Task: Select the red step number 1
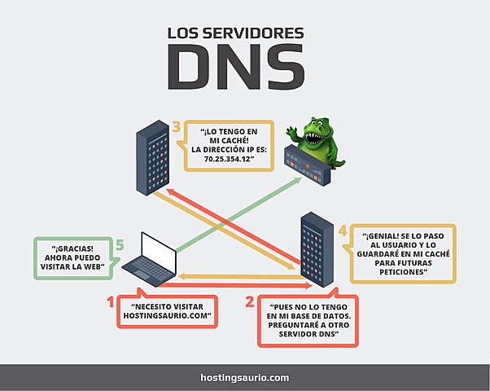(110, 303)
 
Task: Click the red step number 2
(250, 303)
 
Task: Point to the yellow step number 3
(176, 126)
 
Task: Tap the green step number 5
(119, 243)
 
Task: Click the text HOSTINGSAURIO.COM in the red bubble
(167, 314)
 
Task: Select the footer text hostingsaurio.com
(244, 377)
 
